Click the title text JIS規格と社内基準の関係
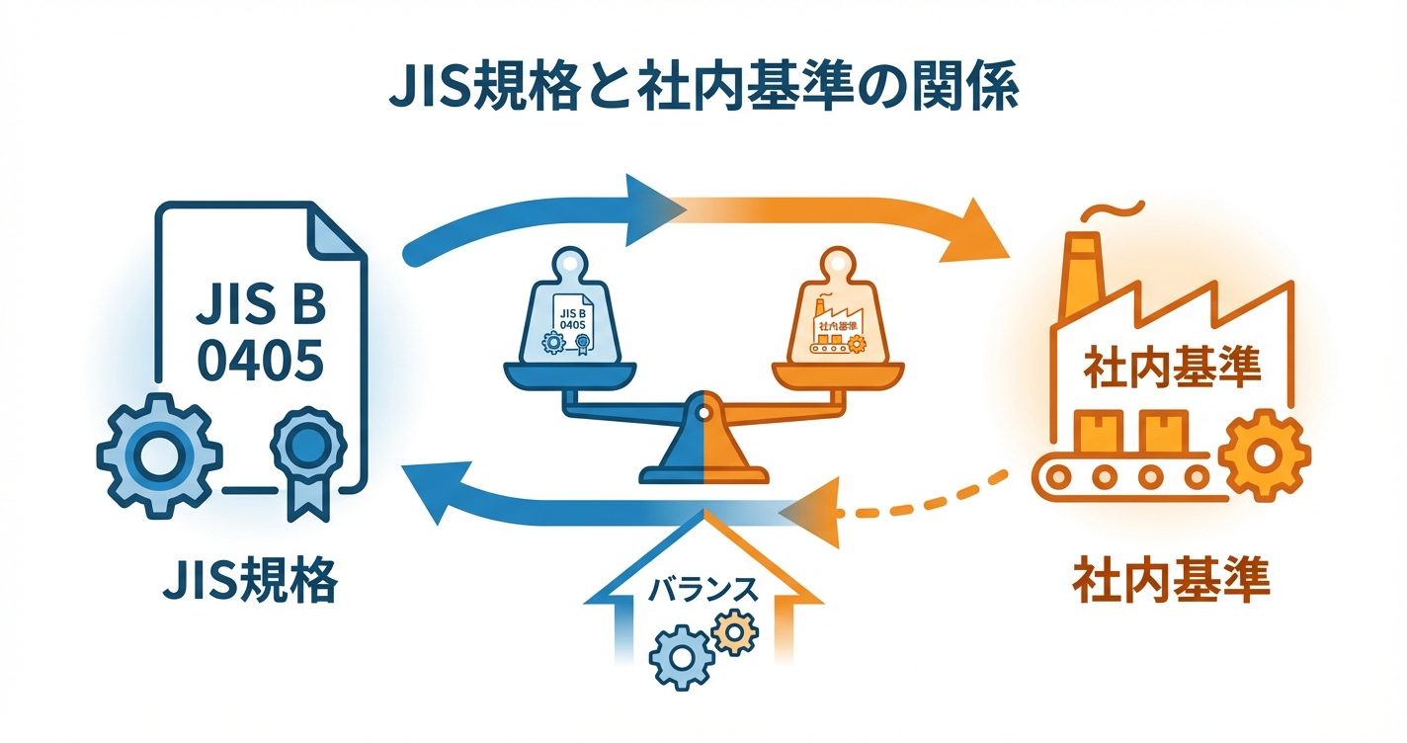[x=703, y=94]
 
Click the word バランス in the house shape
[x=703, y=589]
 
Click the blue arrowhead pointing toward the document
[x=431, y=493]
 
